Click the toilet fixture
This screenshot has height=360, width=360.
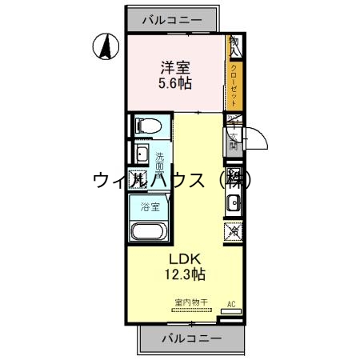pyautogui.click(x=148, y=126)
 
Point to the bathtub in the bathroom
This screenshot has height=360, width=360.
pyautogui.click(x=148, y=233)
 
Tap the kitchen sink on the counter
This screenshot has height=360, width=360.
pyautogui.click(x=233, y=202)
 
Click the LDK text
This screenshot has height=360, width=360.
pyautogui.click(x=186, y=258)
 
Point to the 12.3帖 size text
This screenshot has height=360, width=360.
pyautogui.click(x=186, y=274)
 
